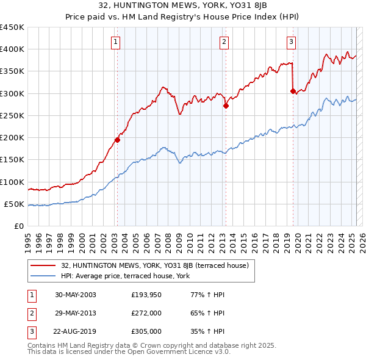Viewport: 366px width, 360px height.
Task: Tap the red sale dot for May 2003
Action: (x=118, y=140)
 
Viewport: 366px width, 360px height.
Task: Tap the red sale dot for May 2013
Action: (x=226, y=106)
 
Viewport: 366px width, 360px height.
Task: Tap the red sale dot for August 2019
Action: (x=293, y=91)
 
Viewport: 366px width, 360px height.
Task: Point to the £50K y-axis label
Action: (x=14, y=204)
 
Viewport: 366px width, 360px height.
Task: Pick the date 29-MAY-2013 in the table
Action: (x=75, y=313)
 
